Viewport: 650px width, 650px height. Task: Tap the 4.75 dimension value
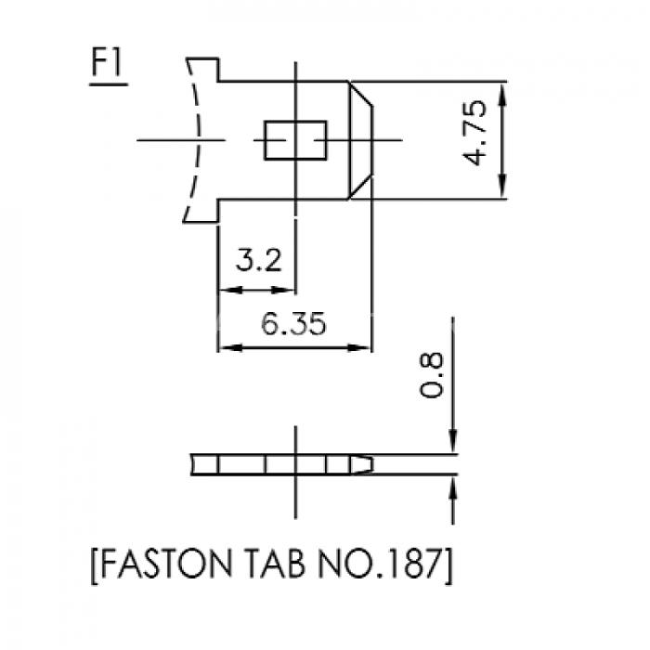pos(474,133)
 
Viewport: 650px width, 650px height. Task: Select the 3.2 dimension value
pos(259,260)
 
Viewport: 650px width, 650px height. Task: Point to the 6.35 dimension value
pos(294,323)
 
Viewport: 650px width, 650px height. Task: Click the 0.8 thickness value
pos(431,375)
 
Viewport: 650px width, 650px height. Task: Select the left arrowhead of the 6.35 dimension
pos(230,347)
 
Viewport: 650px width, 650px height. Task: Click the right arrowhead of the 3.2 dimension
pos(283,290)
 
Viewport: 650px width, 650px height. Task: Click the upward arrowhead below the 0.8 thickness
pos(453,488)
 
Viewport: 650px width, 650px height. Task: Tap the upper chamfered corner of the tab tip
pos(360,94)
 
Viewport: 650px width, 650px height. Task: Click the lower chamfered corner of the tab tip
pos(360,187)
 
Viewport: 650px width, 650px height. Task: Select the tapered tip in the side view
pos(362,464)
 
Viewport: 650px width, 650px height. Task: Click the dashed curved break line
pos(198,140)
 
